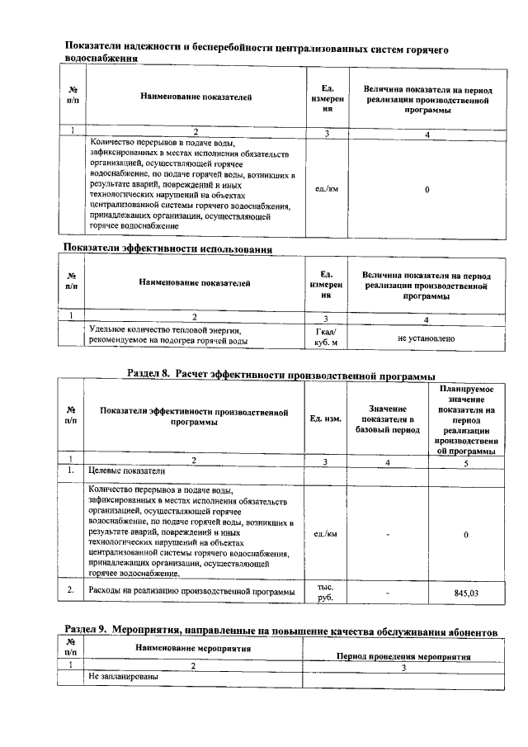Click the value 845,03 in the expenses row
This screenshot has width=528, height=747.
point(466,593)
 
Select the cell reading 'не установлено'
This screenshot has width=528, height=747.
point(426,338)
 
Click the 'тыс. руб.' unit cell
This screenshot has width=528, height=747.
point(324,592)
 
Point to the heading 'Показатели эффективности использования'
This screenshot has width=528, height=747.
point(168,248)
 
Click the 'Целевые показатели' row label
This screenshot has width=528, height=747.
point(126,470)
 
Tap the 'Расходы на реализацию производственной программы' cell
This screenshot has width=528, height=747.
point(191,592)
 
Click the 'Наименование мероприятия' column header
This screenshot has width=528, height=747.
point(192,649)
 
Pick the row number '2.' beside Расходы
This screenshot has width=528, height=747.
point(72,589)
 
